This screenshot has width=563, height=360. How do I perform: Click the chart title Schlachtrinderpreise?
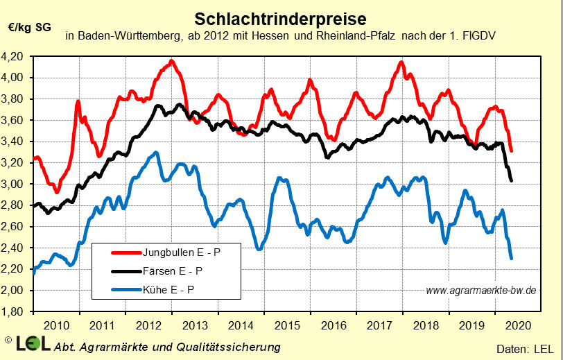tap(281, 17)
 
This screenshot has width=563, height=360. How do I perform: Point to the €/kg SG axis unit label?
tap(30, 28)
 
